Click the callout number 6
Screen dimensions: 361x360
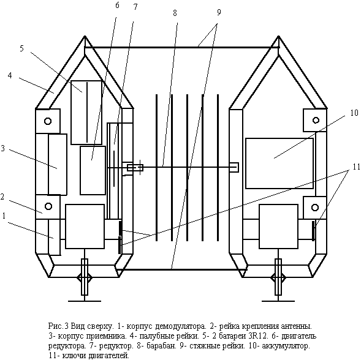click(x=117, y=6)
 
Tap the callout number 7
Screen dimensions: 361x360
click(x=135, y=7)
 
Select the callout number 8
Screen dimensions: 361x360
click(x=175, y=13)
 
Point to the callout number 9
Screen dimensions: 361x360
click(x=219, y=13)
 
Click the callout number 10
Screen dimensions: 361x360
click(x=354, y=113)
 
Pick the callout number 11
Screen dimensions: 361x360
click(x=356, y=167)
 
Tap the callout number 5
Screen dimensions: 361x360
click(x=21, y=48)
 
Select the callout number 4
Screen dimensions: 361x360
click(x=10, y=75)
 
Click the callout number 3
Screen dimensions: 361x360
click(x=3, y=148)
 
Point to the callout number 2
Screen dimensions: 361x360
click(x=2, y=197)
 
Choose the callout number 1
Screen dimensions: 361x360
click(x=4, y=216)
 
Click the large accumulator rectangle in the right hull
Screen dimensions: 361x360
click(x=279, y=163)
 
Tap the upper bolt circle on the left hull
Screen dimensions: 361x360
click(x=48, y=121)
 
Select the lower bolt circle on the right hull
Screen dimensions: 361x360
click(x=315, y=208)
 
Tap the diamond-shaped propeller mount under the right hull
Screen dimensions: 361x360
click(x=278, y=278)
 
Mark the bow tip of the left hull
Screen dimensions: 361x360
click(x=85, y=36)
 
